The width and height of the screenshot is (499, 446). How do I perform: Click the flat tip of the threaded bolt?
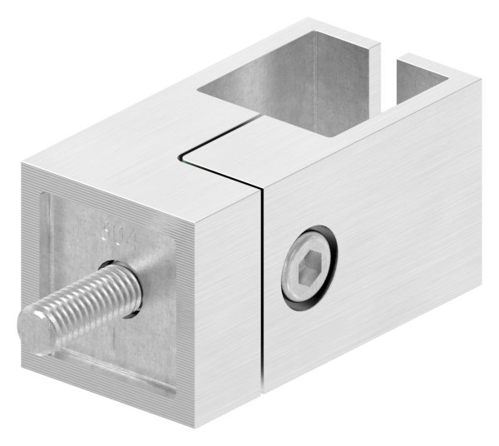click(31, 325)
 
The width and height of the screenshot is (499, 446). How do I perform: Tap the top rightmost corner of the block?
click(481, 79)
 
